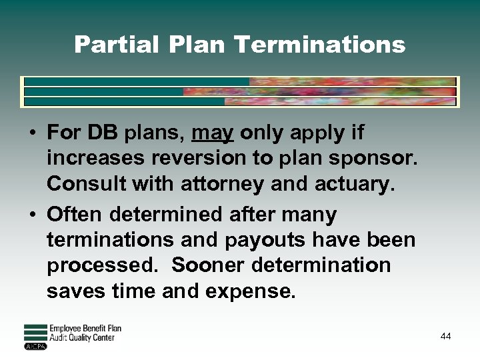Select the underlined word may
pyautogui.click(x=213, y=133)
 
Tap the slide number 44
pyautogui.click(x=445, y=336)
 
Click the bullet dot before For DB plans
pyautogui.click(x=32, y=133)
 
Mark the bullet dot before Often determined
pyautogui.click(x=32, y=215)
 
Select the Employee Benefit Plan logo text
pyautogui.click(x=85, y=329)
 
